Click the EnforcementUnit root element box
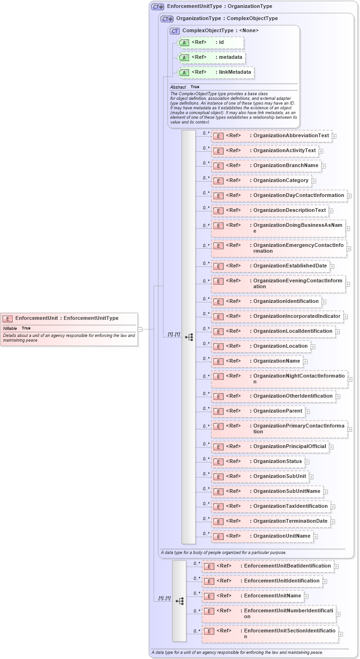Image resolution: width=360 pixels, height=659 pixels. pos(69,329)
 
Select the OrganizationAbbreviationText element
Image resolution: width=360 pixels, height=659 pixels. pos(271,136)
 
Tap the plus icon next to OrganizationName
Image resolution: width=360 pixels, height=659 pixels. pos(305,361)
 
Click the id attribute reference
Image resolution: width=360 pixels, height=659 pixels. pos(211,42)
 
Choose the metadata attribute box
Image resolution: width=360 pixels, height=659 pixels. pos(212,57)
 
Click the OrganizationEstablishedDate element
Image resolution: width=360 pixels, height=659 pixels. pos(270,266)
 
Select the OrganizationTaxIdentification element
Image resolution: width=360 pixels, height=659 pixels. pos(270,506)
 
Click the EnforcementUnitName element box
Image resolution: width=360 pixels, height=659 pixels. pos(253,596)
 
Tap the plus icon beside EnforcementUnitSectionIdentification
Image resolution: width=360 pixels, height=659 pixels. pos(341,634)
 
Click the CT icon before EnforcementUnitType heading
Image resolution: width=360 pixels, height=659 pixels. pos(158,7)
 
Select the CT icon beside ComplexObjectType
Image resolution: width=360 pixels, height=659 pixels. pos(175,31)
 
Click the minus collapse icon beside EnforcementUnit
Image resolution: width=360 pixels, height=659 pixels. pos(140,329)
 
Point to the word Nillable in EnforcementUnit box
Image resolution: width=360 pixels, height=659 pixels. pos(10,328)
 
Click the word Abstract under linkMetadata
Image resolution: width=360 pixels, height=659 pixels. pos(178,87)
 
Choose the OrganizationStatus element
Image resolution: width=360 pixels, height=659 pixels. pos(258,462)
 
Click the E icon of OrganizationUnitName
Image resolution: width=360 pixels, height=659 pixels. pos(218,536)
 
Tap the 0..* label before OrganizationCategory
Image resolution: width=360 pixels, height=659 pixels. pos(206,178)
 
